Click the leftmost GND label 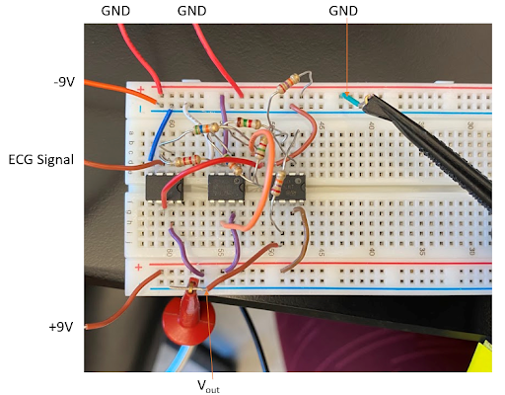[x=116, y=10]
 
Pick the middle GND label [x=193, y=10]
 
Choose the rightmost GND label [x=346, y=10]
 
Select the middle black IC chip [x=226, y=188]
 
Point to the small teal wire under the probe [x=349, y=99]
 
